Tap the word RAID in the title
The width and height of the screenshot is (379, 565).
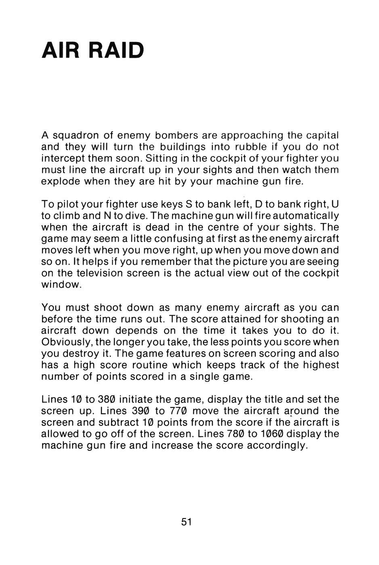point(116,50)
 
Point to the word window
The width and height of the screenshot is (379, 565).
point(62,285)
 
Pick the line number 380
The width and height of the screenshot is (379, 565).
point(107,400)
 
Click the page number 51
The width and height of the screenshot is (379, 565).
point(186,522)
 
